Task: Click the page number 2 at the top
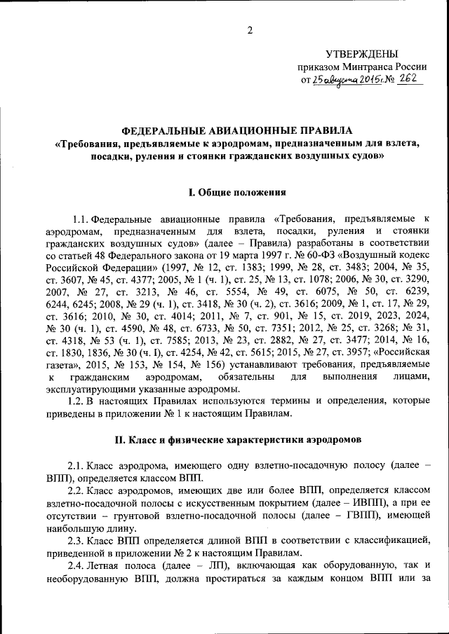(x=248, y=29)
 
